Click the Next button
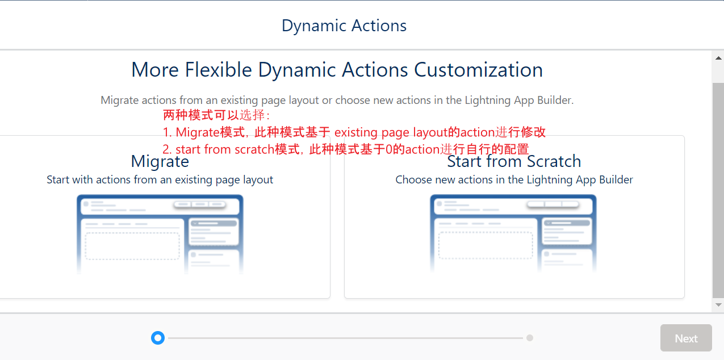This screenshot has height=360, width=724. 686,338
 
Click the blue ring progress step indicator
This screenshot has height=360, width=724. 158,338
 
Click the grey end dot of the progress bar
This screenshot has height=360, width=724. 529,338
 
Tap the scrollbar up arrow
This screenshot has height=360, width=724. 718,58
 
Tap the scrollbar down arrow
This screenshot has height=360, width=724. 718,305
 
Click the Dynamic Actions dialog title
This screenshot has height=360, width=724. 344,26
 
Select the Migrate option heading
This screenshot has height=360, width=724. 160,161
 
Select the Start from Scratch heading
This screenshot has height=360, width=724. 514,161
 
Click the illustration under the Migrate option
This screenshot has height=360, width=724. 160,234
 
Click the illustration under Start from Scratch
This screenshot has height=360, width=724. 513,234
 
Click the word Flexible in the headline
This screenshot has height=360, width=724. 218,69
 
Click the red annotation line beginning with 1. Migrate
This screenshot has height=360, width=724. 354,132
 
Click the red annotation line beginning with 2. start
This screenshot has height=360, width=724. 345,149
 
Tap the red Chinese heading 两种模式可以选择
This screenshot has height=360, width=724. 216,115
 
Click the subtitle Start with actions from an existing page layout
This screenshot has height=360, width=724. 160,179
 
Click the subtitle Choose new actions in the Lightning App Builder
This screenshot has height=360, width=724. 514,179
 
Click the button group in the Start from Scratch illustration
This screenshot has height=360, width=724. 553,204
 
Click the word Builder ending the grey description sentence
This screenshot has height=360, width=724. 555,100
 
